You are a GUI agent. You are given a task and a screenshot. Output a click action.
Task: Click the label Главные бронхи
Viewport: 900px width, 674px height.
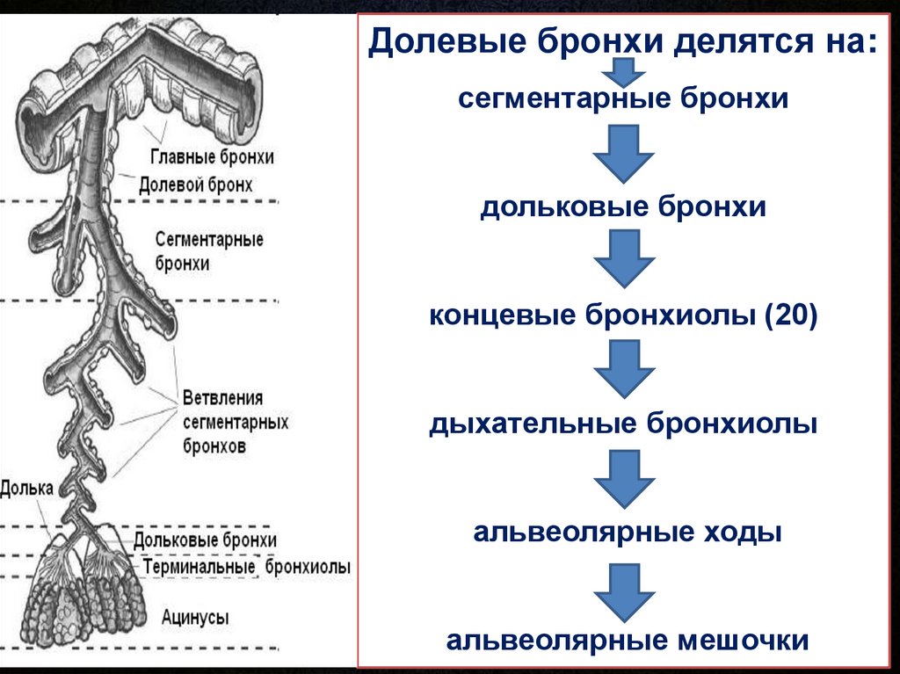[212, 156]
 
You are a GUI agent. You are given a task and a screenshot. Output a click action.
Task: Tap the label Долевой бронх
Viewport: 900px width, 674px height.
[196, 185]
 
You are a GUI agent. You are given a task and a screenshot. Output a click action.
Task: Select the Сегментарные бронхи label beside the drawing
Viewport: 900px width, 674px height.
[209, 251]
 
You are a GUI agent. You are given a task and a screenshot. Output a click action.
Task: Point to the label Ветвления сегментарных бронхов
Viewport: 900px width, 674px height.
[236, 422]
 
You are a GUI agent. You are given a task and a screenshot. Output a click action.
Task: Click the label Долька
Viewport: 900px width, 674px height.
[26, 489]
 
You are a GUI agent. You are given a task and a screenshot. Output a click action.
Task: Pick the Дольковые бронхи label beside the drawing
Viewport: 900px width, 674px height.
[205, 540]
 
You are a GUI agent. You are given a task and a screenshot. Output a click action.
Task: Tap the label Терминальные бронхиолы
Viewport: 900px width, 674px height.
[246, 567]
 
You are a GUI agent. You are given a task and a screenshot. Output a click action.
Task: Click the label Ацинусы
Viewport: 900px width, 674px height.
[195, 618]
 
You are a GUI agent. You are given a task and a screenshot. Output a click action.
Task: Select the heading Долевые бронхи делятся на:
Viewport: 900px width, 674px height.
[623, 41]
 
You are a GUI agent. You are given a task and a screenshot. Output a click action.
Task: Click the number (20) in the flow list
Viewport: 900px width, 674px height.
[790, 315]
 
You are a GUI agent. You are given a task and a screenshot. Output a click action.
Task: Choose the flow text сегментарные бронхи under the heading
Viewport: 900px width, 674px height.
[623, 98]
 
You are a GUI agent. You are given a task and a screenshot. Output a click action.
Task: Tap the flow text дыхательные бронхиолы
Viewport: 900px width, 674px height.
[623, 424]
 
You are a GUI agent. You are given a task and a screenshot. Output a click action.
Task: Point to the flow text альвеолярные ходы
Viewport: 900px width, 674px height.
[628, 532]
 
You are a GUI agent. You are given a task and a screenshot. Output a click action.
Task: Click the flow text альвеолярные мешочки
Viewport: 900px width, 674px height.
[628, 640]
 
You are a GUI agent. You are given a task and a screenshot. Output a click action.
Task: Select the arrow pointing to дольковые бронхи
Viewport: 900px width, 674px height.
[624, 153]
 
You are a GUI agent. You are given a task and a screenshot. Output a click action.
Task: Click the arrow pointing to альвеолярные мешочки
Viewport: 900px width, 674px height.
[624, 592]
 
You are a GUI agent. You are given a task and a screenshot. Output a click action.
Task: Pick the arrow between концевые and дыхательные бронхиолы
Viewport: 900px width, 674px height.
[624, 368]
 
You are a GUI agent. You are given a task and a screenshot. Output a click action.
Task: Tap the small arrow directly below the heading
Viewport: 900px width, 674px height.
[624, 72]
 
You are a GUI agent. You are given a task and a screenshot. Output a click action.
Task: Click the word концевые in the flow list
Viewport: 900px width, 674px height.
[502, 315]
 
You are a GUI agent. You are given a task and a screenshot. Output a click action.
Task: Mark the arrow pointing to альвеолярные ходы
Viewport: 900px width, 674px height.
[624, 479]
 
